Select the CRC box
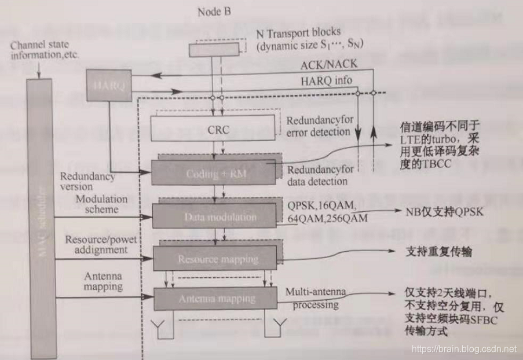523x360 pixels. click(x=218, y=130)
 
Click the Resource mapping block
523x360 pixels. click(x=218, y=258)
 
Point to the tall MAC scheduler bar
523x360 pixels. click(x=42, y=214)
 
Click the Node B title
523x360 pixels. click(x=214, y=12)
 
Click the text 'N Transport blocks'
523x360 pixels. click(x=298, y=32)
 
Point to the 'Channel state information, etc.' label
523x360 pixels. click(x=43, y=50)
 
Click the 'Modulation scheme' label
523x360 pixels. click(x=101, y=204)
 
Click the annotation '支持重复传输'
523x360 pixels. click(x=431, y=252)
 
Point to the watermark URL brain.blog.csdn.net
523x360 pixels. click(x=463, y=349)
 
